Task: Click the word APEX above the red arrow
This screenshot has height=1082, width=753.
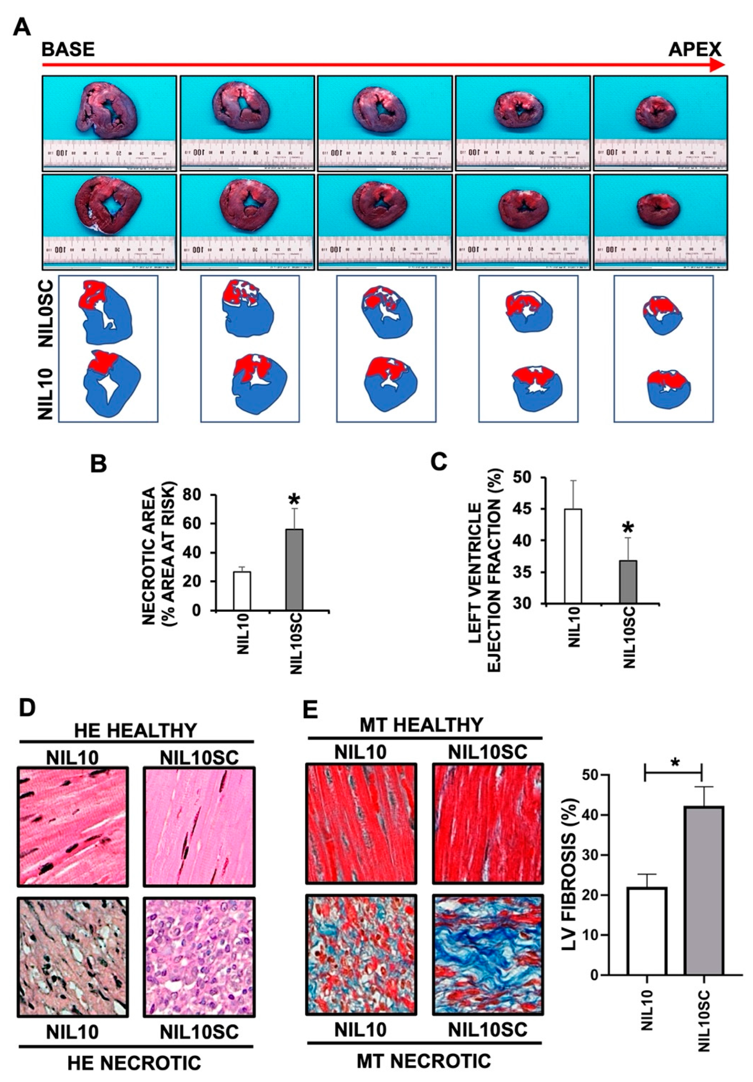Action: coord(694,49)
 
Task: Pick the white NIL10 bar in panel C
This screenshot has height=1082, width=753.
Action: coord(572,556)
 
